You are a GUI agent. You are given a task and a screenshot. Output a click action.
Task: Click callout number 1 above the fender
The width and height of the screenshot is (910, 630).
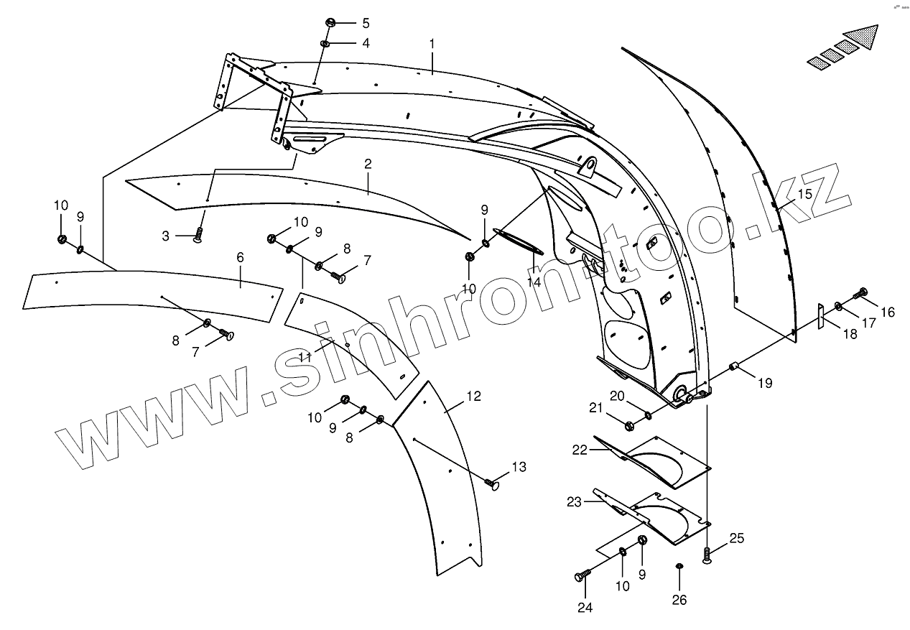pos(432,44)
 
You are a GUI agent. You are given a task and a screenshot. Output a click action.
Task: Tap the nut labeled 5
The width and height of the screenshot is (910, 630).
pos(330,22)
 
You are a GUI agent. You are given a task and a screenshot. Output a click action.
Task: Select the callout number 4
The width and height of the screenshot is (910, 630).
pos(366,44)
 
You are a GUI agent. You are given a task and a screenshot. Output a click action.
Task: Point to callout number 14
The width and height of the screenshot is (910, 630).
pos(534,282)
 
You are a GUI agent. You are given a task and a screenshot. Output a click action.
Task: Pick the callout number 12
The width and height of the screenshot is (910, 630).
pos(473,396)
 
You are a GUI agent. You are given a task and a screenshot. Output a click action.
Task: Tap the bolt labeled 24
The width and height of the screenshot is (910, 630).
pos(581,575)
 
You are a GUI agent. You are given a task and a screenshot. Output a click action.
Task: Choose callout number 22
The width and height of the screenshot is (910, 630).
pos(580,450)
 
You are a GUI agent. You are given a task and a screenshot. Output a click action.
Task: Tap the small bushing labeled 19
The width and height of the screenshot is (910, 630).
pos(735,367)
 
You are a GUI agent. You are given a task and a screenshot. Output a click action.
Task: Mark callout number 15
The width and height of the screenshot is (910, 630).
pos(804,194)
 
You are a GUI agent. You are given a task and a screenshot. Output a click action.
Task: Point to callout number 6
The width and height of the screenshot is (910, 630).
pos(240,256)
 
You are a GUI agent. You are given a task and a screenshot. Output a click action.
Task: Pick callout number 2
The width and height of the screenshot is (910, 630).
pos(368,164)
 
